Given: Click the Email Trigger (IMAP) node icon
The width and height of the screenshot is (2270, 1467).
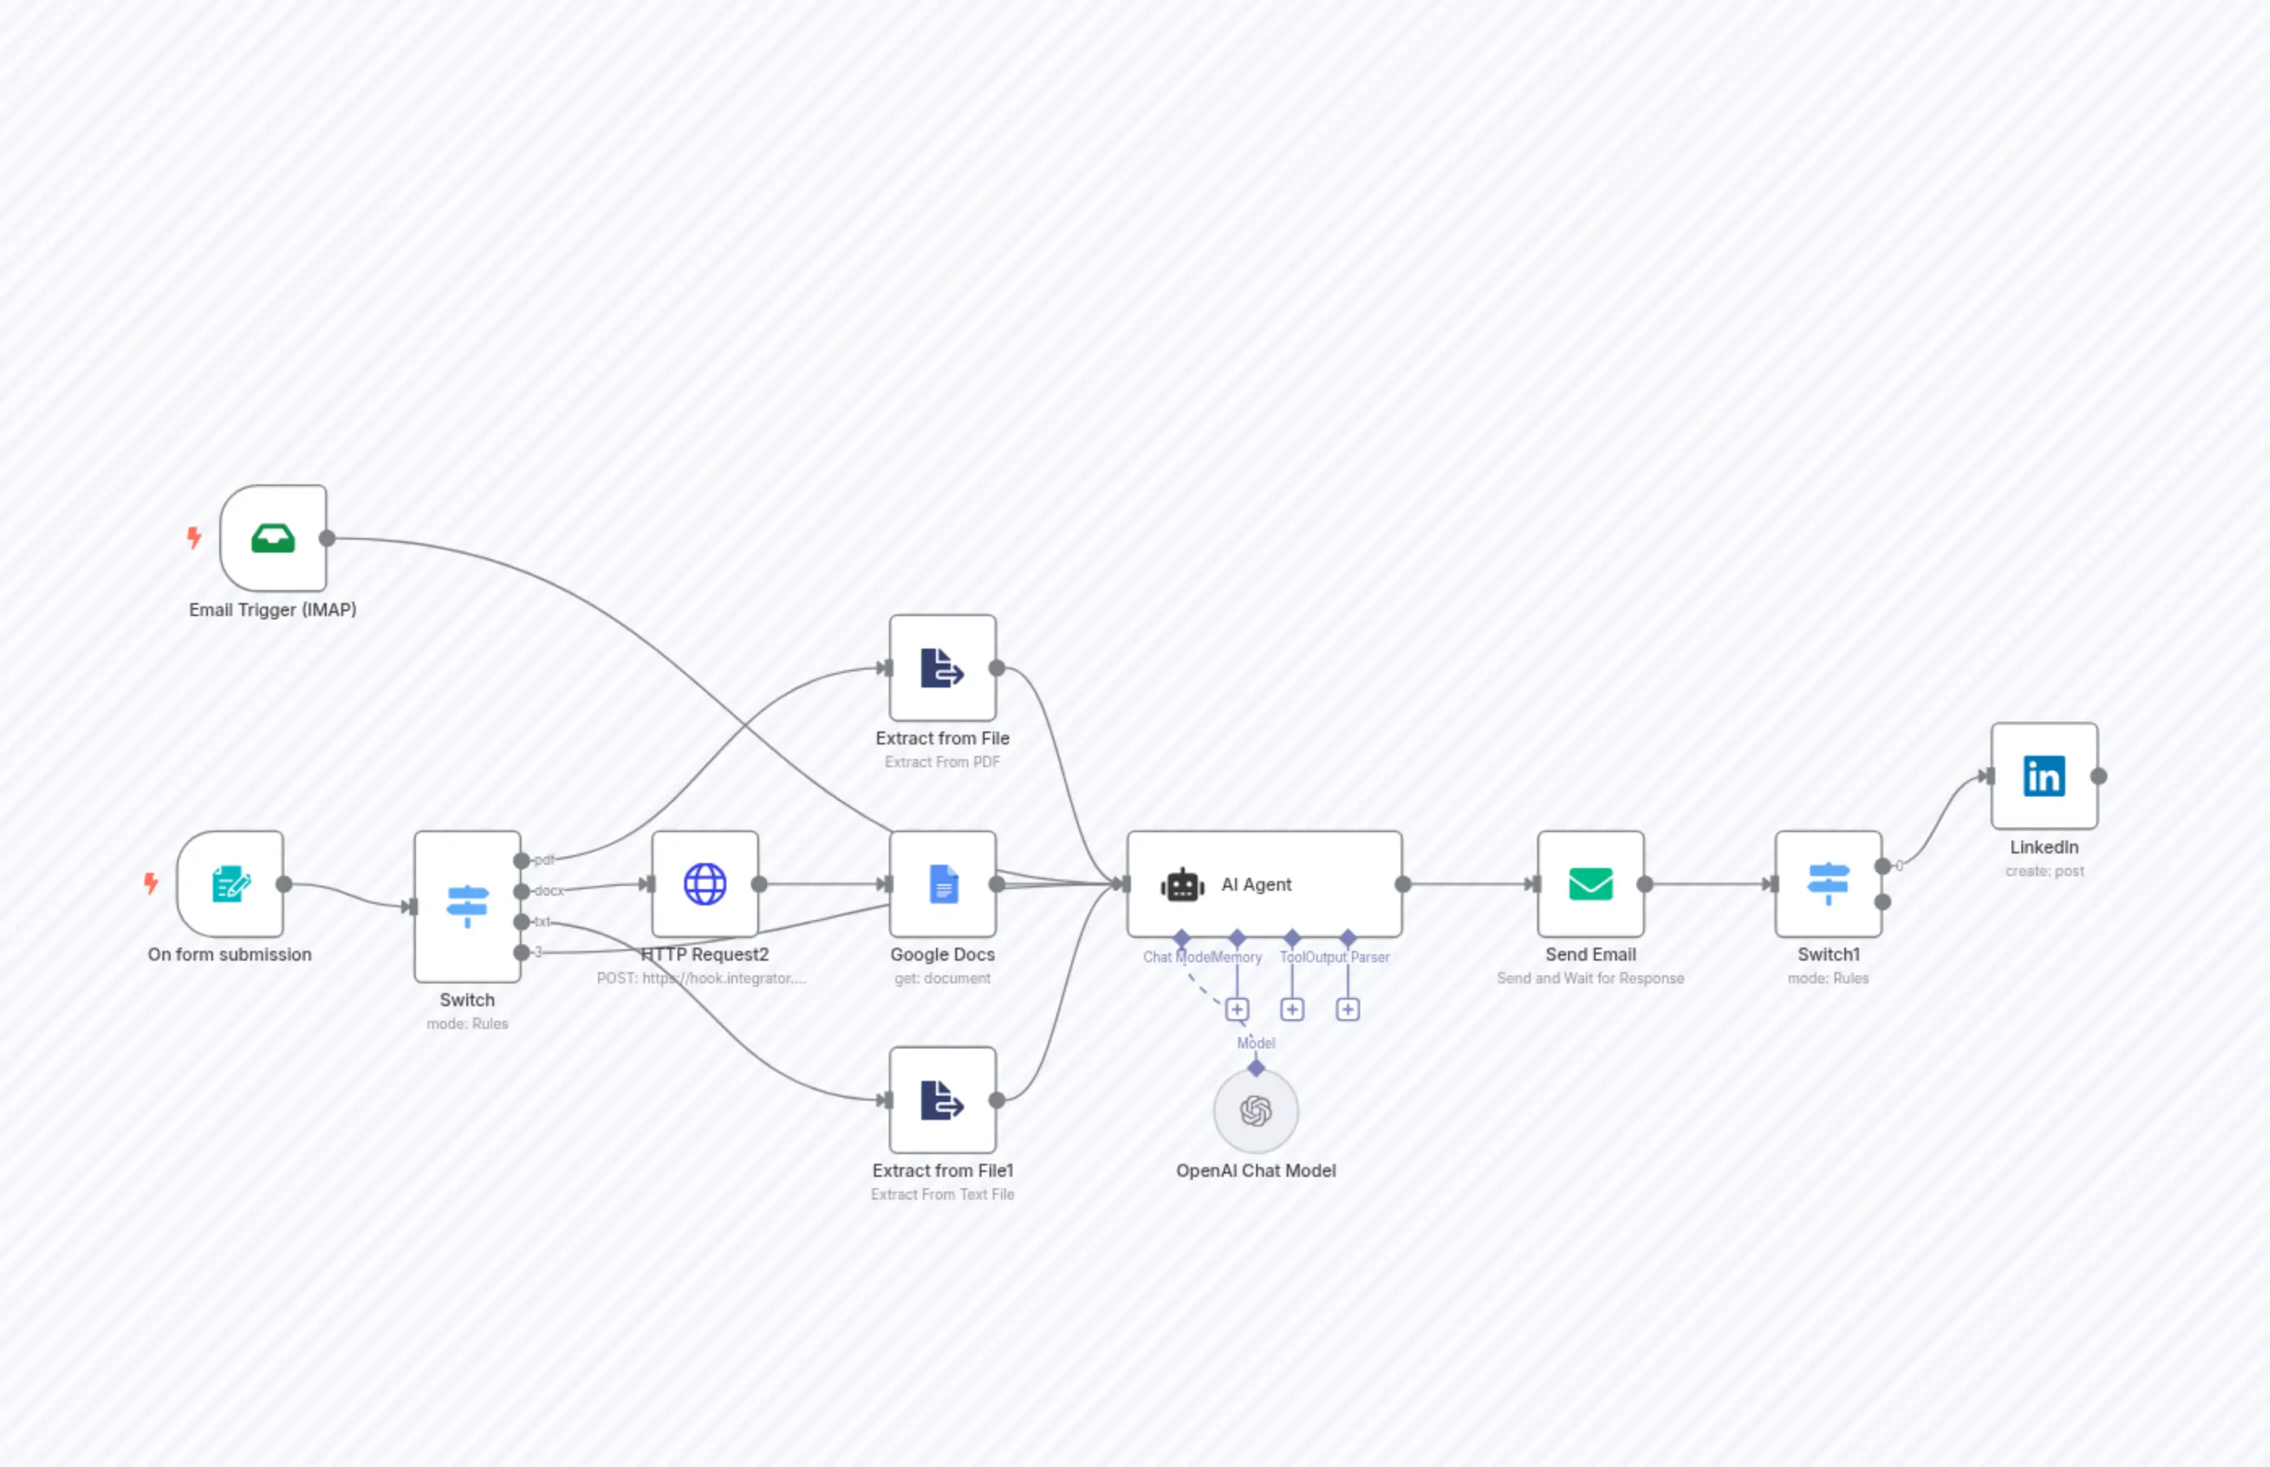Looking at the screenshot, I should tap(273, 538).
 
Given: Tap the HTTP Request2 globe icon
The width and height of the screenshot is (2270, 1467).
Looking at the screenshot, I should tap(704, 884).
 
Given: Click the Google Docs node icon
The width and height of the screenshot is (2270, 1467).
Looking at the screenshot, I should tap(942, 884).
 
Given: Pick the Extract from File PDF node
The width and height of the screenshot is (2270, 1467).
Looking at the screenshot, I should tap(942, 668).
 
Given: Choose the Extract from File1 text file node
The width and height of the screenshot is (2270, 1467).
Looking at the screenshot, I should tap(942, 1100).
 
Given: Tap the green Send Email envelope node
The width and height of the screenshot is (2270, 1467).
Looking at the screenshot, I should tap(1590, 884).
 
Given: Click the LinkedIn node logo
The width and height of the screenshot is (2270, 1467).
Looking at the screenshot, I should tap(2044, 776).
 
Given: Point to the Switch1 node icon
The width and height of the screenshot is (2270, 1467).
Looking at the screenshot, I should tap(1828, 884).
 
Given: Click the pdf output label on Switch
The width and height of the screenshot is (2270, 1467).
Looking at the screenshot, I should tap(544, 860).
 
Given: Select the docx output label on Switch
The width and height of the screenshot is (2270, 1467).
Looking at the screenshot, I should tap(548, 891).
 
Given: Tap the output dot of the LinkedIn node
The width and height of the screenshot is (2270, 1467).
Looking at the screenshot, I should tap(2099, 776).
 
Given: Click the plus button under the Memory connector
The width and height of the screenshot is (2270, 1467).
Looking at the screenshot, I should tap(1237, 1009).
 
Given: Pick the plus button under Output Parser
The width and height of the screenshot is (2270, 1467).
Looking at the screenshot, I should tap(1347, 1009).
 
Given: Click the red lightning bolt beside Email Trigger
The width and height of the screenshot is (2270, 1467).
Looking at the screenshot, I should tap(194, 538).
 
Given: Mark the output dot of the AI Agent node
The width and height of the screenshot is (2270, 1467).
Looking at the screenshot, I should tap(1402, 884).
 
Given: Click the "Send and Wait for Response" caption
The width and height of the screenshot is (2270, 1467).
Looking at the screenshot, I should tap(1590, 979).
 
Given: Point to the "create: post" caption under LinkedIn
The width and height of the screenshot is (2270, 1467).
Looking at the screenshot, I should tap(2044, 870).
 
